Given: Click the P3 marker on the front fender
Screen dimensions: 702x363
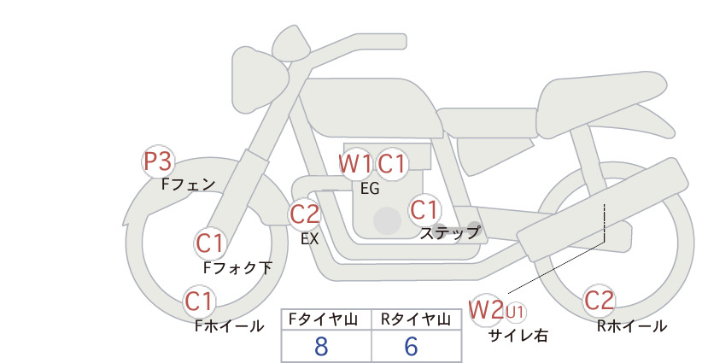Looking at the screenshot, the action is click(x=158, y=161).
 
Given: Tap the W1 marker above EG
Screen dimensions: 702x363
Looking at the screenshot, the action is click(x=355, y=164).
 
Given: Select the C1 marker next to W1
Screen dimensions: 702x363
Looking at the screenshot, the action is click(x=391, y=164).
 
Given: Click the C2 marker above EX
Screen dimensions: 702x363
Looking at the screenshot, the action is click(x=304, y=214).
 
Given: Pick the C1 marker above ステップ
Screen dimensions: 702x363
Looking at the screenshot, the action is click(x=424, y=210).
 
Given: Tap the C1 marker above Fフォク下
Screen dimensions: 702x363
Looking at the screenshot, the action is click(x=209, y=244).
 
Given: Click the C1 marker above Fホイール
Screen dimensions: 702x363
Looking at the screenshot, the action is click(x=199, y=302).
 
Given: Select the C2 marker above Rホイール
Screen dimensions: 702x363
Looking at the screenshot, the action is click(x=599, y=301).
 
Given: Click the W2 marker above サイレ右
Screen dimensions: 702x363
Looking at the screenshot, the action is click(x=486, y=309).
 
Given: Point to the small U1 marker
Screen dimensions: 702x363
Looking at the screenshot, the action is click(x=515, y=312).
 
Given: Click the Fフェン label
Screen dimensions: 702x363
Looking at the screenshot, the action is click(x=189, y=184).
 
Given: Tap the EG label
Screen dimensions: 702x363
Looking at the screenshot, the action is click(x=371, y=189).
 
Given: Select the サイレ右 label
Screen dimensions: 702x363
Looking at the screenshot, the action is click(x=518, y=336).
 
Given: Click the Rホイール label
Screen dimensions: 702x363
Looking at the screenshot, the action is click(x=632, y=326).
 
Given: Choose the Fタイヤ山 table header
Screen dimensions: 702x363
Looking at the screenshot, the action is click(x=323, y=319).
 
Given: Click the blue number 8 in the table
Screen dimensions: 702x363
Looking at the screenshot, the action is click(x=321, y=346).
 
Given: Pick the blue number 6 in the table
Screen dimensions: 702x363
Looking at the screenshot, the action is click(x=411, y=346).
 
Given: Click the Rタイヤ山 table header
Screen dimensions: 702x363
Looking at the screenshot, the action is click(x=416, y=319).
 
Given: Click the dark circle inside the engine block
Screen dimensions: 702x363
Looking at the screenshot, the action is click(x=387, y=220).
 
